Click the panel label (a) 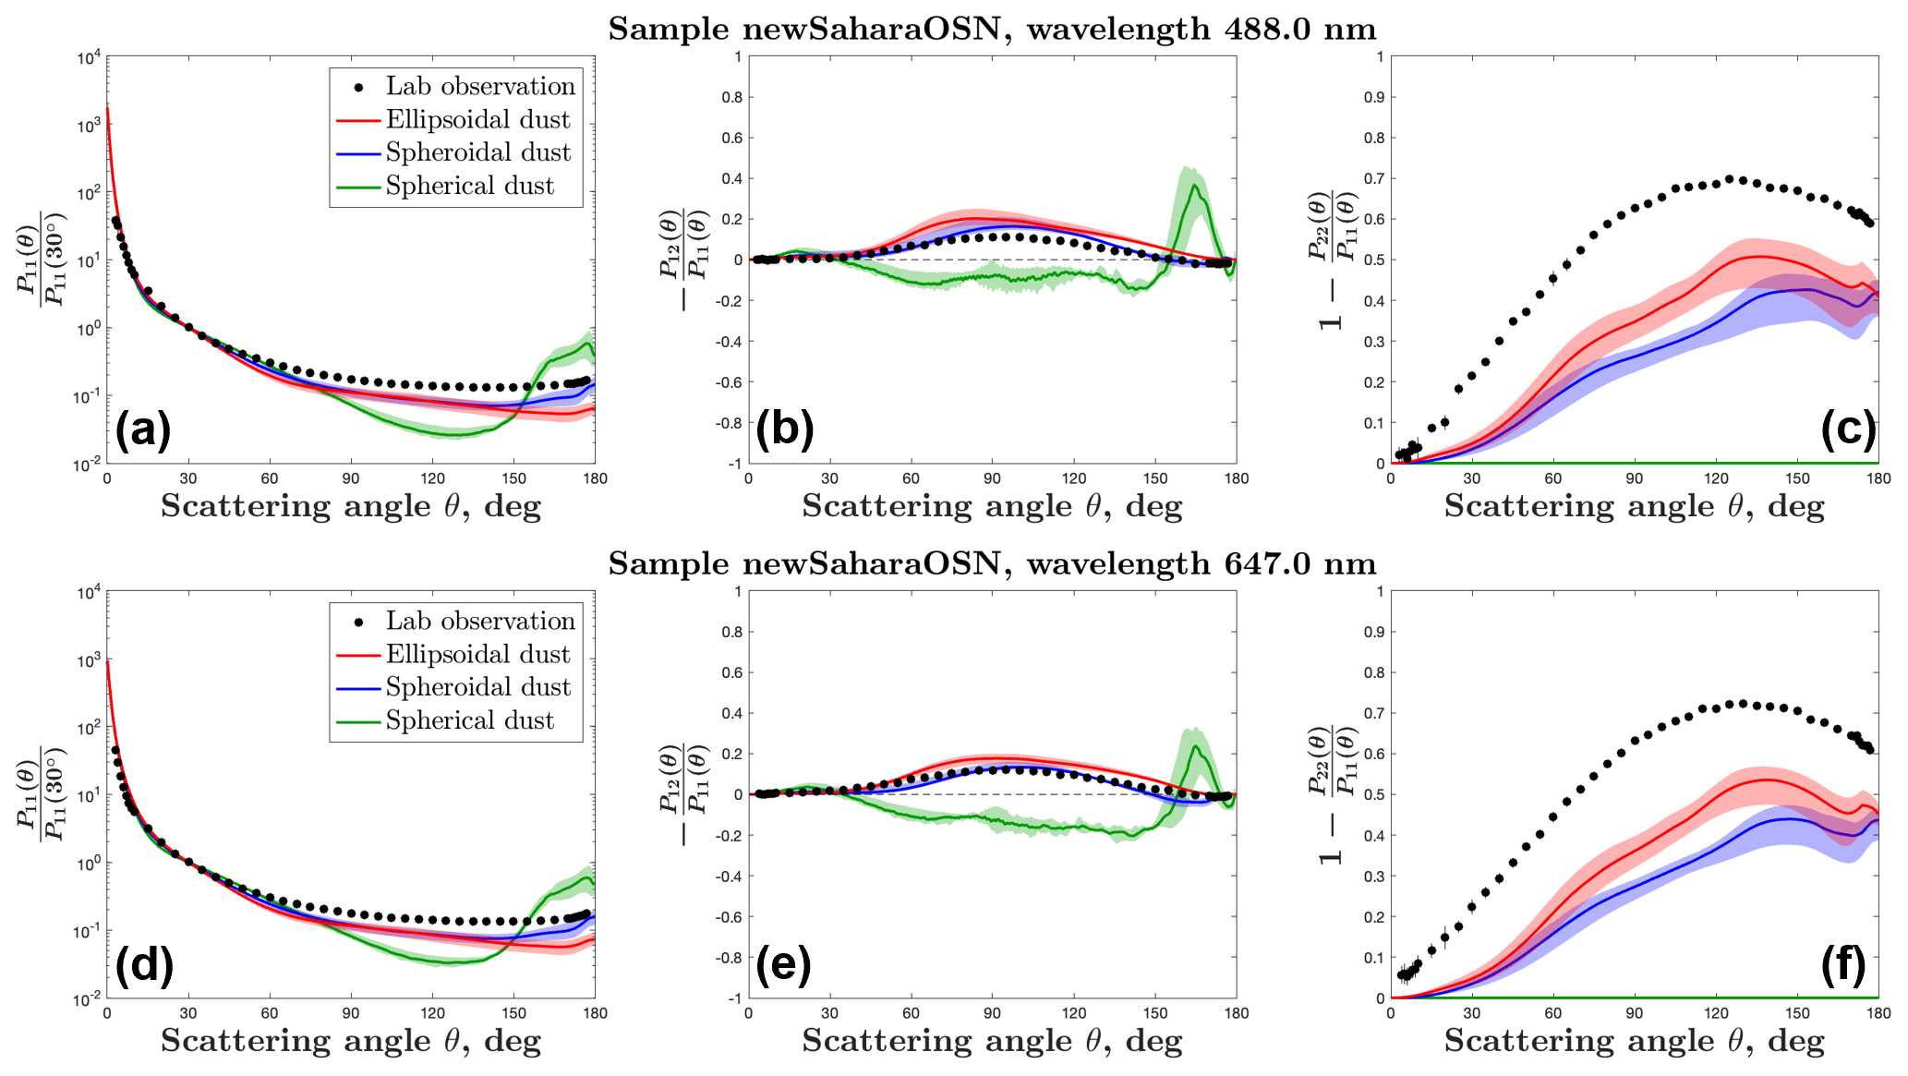pos(143,429)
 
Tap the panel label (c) pos(1848,429)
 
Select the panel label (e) pos(783,964)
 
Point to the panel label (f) pos(1846,964)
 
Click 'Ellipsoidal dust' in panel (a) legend pos(477,120)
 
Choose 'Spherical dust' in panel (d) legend pos(469,720)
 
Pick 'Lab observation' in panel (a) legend pos(480,87)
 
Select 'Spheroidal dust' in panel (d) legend pos(477,687)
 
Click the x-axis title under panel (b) pos(992,506)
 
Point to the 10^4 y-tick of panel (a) pos(90,58)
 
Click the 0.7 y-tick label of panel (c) pos(1375,178)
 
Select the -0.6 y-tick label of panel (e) pos(730,917)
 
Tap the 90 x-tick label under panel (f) pos(1634,1013)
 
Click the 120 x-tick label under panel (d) pos(432,1013)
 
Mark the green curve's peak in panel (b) pos(1195,186)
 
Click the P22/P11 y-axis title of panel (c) pos(1331,260)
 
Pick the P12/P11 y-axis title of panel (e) pos(684,794)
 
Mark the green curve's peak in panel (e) pos(1195,746)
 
